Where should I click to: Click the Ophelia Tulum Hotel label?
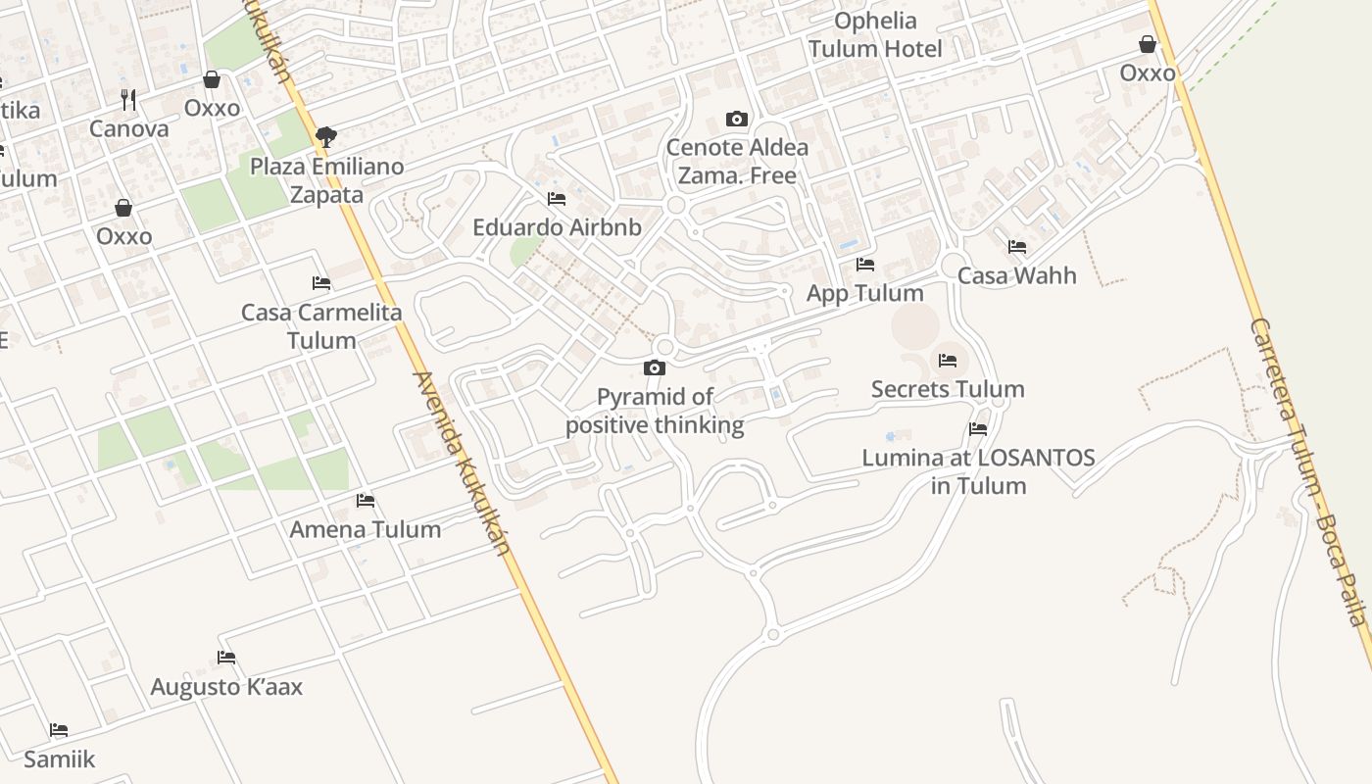[875, 35]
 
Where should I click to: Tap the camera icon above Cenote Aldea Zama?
[737, 120]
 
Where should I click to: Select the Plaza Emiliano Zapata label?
[327, 180]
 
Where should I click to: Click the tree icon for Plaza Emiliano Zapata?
[326, 137]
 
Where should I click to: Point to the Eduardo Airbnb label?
[557, 227]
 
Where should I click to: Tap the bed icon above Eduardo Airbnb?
[557, 199]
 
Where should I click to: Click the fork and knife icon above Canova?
[128, 99]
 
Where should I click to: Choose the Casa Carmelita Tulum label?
[321, 326]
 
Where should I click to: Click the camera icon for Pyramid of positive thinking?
[655, 368]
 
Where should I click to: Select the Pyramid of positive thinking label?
[655, 411]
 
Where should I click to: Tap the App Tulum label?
[864, 293]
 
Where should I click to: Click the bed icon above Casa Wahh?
[1017, 247]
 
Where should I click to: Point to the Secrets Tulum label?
[948, 389]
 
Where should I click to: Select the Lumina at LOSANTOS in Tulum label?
[978, 471]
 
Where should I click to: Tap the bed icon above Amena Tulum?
[366, 501]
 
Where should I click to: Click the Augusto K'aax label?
[226, 687]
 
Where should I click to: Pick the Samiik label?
[60, 759]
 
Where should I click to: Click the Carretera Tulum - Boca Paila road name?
[1309, 470]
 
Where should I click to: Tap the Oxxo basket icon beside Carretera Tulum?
[1148, 44]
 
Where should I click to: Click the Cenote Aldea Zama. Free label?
[737, 162]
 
